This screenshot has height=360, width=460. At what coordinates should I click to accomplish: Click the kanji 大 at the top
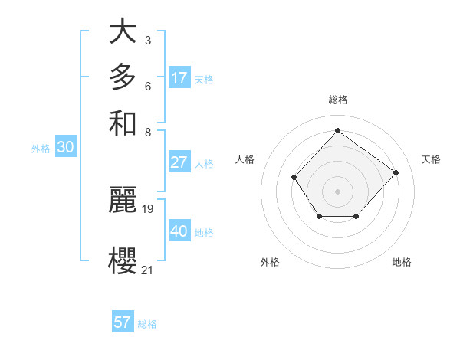123,32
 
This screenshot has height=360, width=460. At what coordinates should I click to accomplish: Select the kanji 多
123,77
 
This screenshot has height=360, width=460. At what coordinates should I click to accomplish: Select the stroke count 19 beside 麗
148,208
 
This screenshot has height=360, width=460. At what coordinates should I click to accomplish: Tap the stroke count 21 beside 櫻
147,269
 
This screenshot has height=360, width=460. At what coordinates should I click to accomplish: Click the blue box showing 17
179,78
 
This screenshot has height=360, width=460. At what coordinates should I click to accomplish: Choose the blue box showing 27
179,162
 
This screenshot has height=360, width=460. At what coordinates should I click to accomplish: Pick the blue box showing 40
179,231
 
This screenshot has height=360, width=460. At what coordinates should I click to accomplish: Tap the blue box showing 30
65,148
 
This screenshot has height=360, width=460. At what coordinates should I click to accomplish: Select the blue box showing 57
123,322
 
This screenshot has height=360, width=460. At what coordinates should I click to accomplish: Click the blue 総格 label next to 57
147,324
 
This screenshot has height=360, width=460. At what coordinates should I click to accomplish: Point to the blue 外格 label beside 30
41,149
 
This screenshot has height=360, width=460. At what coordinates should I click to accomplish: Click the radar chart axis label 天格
431,159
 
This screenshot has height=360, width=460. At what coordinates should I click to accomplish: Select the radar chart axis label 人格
245,159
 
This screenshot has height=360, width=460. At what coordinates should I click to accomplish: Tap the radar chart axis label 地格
402,262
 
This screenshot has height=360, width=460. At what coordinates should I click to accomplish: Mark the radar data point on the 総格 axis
337,130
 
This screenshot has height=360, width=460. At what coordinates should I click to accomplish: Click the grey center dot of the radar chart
337,190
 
